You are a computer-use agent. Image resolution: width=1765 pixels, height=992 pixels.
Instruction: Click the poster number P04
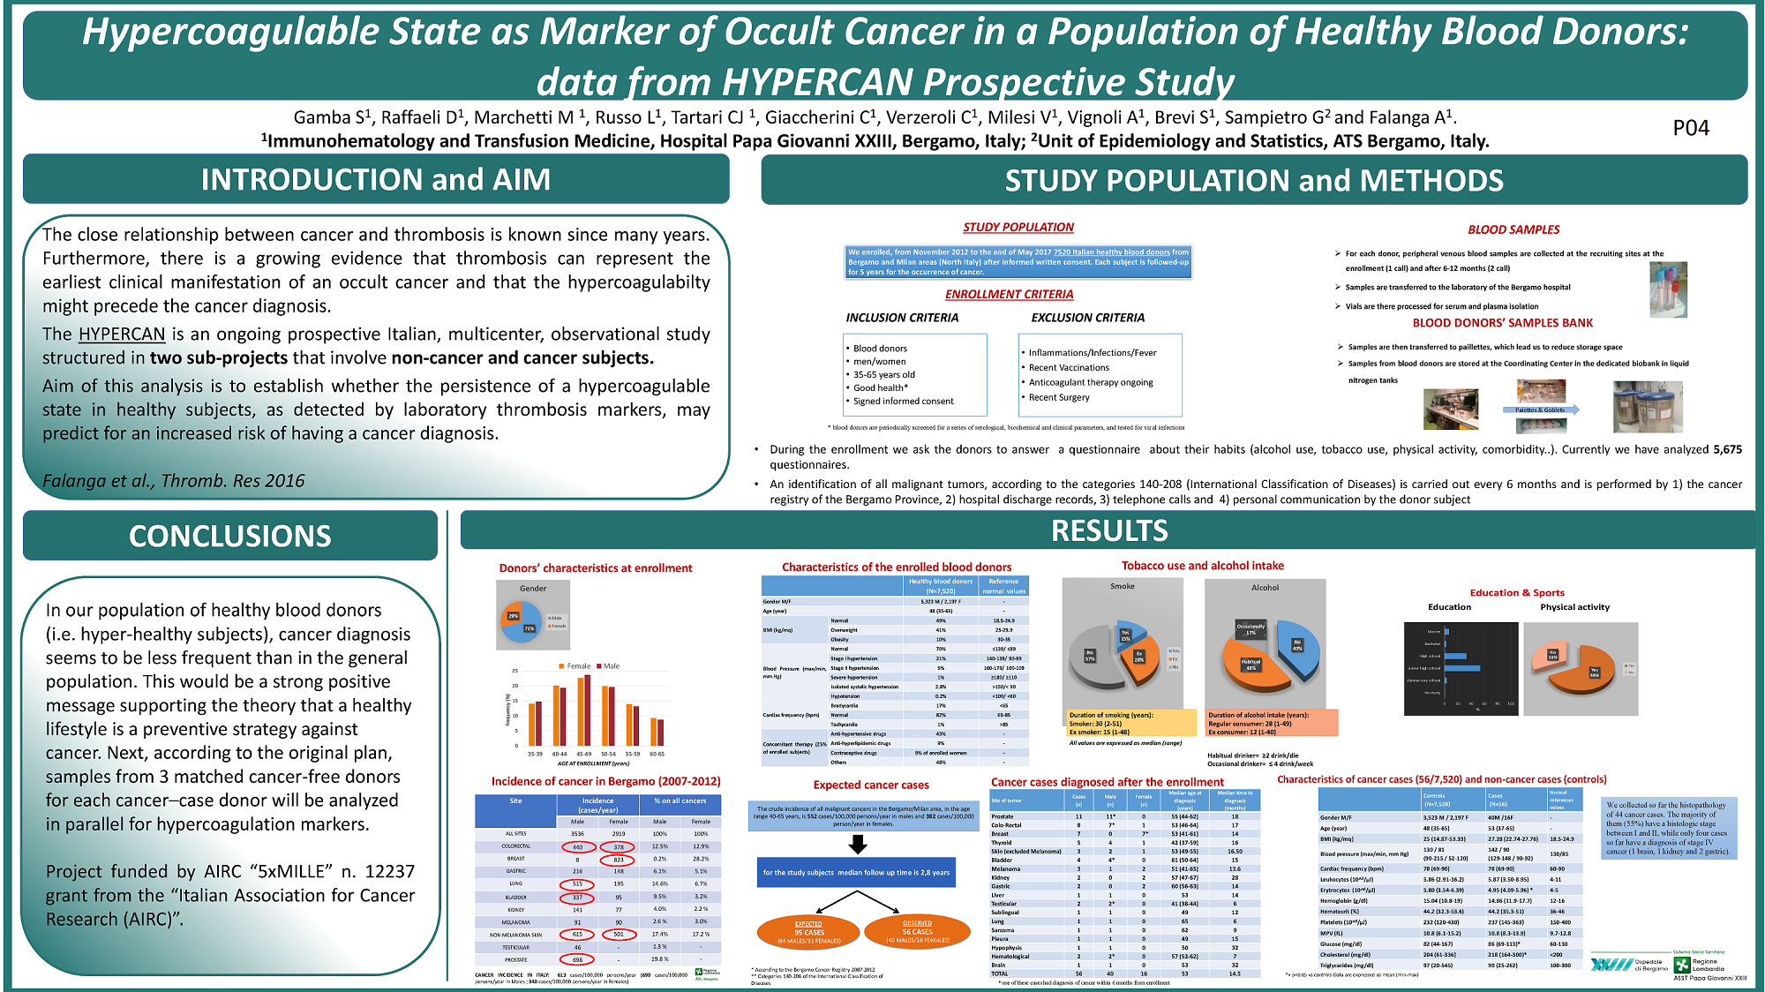(1690, 128)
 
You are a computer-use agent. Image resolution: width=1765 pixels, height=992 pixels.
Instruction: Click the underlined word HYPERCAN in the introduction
(122, 334)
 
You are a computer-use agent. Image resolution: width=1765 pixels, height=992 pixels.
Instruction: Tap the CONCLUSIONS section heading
(230, 536)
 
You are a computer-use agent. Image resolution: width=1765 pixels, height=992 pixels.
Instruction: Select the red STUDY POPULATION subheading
(1018, 227)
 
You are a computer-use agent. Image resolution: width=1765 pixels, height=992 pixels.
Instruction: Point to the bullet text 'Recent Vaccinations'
(1069, 367)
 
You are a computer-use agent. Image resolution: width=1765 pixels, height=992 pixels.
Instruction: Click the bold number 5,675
(1727, 449)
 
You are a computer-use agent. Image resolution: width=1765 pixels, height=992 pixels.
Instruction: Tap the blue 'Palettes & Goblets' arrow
(1541, 410)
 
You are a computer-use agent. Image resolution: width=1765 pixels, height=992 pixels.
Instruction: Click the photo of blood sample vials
(1667, 289)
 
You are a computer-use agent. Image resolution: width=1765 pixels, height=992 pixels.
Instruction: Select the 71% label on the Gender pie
(529, 628)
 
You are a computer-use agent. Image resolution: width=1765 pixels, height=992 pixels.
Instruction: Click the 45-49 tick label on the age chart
(583, 754)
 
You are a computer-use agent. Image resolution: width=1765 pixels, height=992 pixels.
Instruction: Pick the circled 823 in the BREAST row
(618, 859)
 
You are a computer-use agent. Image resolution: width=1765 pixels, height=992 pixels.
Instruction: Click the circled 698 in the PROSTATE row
(577, 959)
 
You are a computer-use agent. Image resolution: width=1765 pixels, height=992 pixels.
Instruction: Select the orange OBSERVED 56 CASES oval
(917, 931)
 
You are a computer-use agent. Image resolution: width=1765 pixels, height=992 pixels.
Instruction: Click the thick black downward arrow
(857, 845)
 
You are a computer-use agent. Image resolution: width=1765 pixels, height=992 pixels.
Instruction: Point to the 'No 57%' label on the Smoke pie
(1090, 656)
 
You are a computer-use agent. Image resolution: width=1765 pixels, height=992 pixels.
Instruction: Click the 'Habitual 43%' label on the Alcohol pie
(1251, 664)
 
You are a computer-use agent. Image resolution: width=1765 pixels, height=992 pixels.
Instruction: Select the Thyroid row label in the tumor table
(1001, 843)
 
